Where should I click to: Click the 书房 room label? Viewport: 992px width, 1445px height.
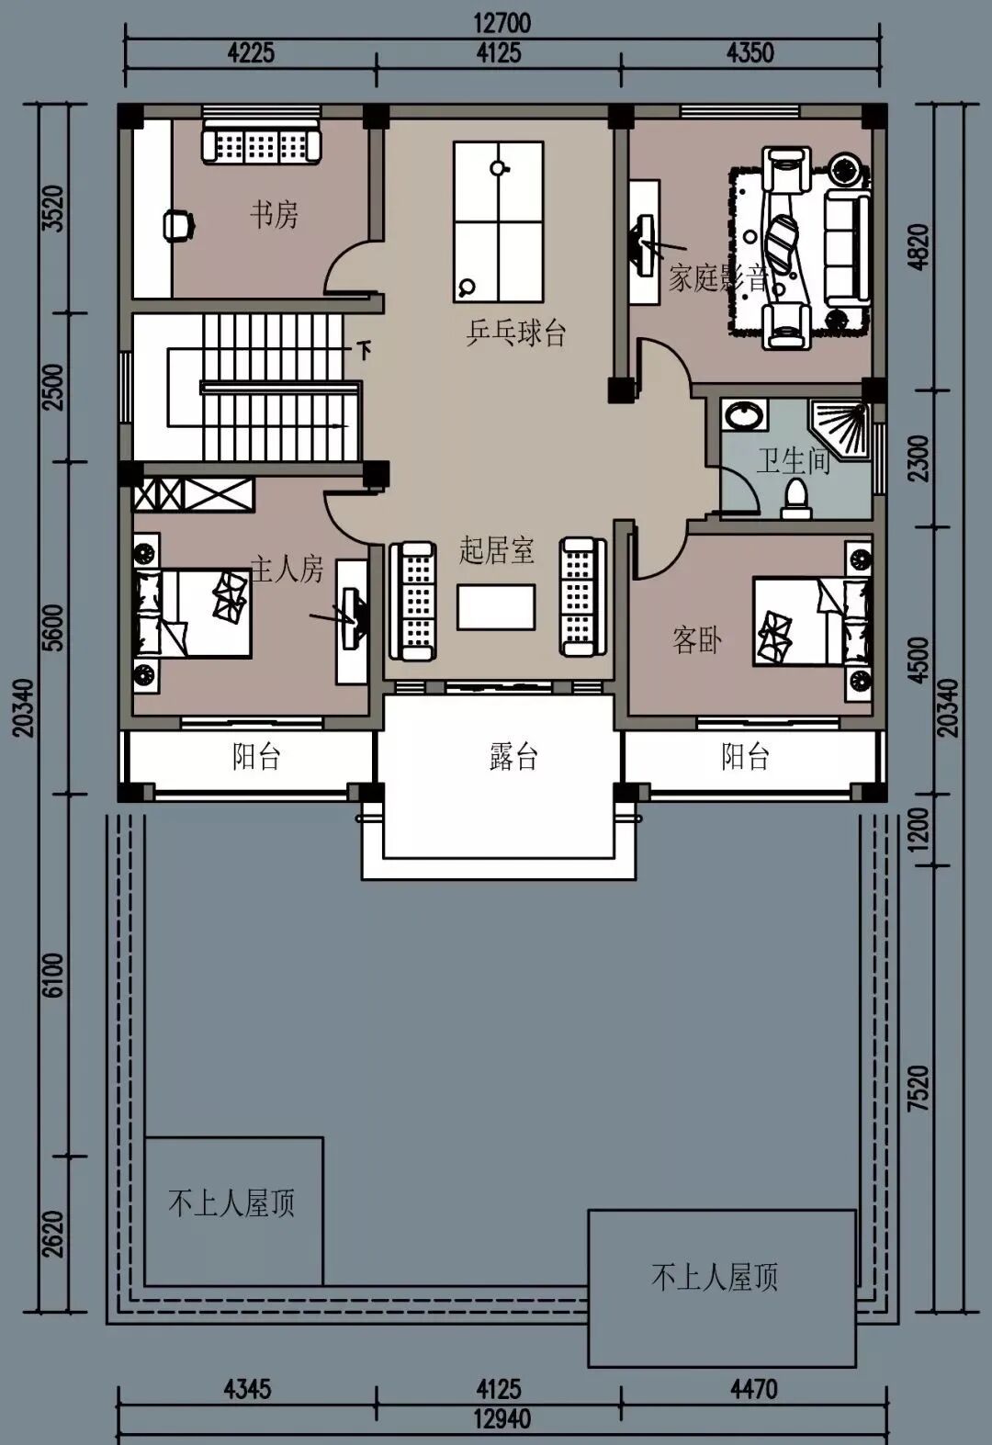click(x=274, y=214)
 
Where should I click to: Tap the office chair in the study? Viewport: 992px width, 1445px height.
click(x=177, y=226)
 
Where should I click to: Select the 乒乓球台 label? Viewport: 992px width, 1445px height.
click(x=516, y=334)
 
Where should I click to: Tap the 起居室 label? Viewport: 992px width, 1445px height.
click(x=497, y=550)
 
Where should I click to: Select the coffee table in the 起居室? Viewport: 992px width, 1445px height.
click(x=496, y=606)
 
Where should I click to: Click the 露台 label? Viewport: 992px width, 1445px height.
click(x=513, y=756)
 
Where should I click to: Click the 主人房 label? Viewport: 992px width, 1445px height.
click(x=287, y=569)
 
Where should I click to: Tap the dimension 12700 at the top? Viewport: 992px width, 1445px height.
click(x=502, y=24)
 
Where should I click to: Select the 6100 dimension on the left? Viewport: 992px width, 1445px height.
click(x=55, y=975)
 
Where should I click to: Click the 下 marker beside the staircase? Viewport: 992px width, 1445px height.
click(x=365, y=350)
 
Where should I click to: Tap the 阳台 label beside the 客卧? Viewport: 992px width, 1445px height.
click(x=745, y=756)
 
